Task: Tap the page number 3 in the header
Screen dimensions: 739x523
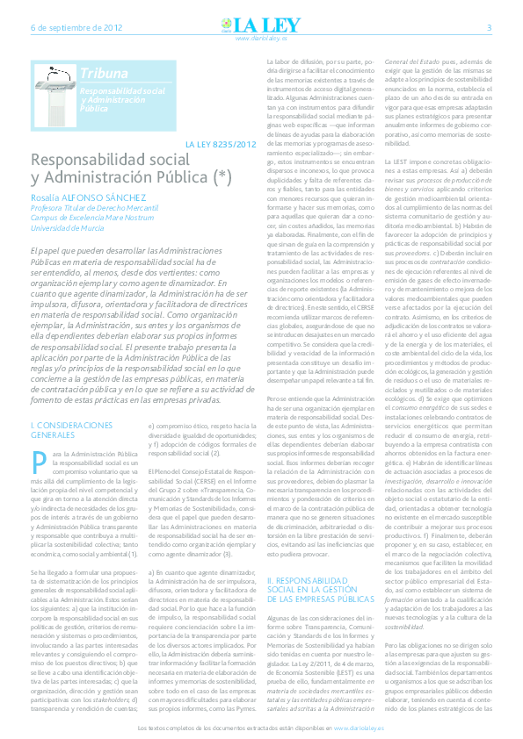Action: pyautogui.click(x=489, y=27)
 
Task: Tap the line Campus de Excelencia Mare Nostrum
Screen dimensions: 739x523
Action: pyautogui.click(x=88, y=217)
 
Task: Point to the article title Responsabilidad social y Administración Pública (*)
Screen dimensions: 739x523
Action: pyautogui.click(x=132, y=167)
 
